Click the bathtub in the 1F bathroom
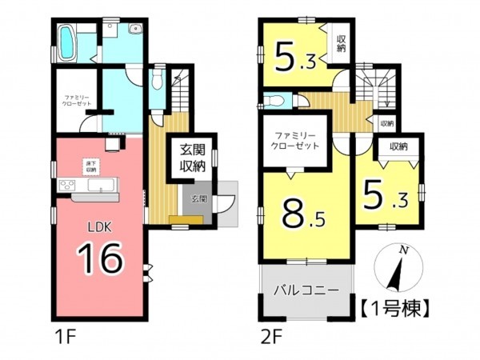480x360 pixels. click(68, 41)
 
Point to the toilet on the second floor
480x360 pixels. click(274, 101)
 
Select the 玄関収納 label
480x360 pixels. click(190, 158)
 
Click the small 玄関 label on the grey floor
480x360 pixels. click(198, 198)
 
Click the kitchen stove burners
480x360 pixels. click(66, 186)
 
